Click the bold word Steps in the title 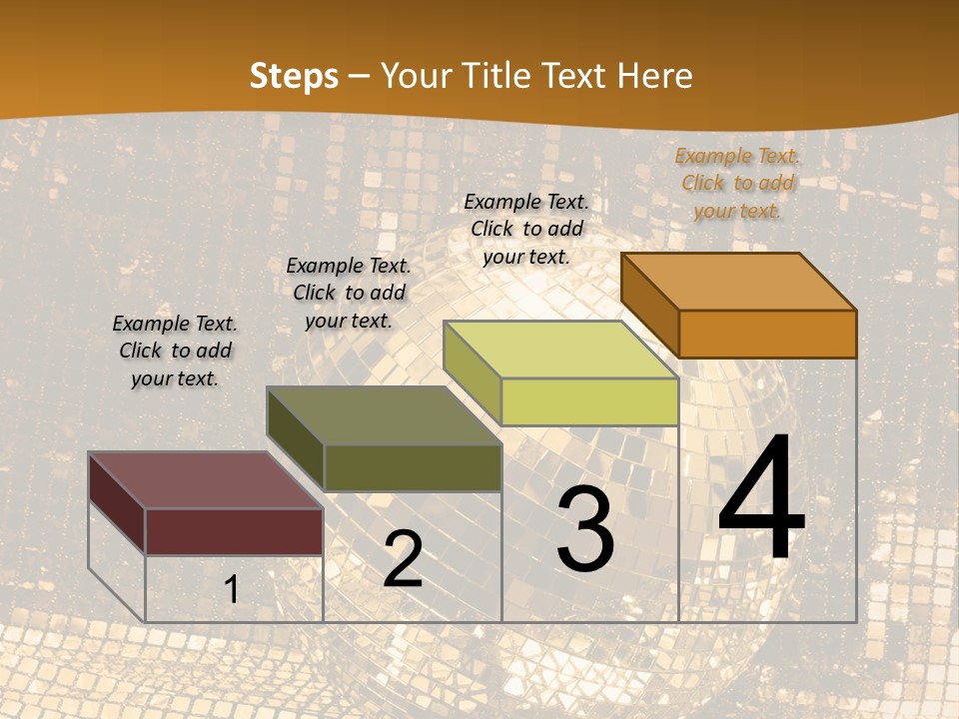294,76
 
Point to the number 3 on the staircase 585,529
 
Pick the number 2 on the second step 403,560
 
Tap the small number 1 231,589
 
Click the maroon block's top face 206,480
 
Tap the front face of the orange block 767,334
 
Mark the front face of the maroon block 234,531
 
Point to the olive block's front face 412,467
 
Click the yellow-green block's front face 589,401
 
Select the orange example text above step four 738,183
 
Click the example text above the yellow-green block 526,229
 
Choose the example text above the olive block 349,293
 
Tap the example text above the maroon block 175,351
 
